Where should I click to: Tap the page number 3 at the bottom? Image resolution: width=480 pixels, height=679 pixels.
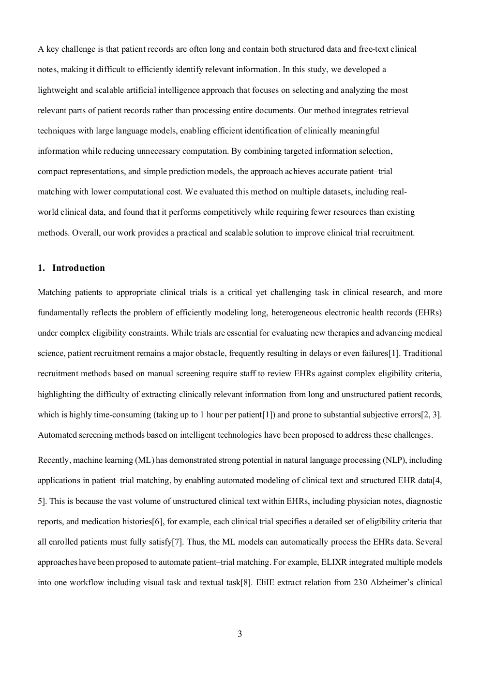pyautogui.click(x=240, y=634)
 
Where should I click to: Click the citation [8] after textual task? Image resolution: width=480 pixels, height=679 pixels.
pyautogui.click(x=246, y=583)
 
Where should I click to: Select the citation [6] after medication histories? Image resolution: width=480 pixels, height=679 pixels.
pyautogui.click(x=158, y=522)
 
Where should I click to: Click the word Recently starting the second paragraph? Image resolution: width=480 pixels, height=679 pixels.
pyautogui.click(x=54, y=460)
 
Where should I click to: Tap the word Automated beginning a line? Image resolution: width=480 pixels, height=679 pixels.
pyautogui.click(x=57, y=435)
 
